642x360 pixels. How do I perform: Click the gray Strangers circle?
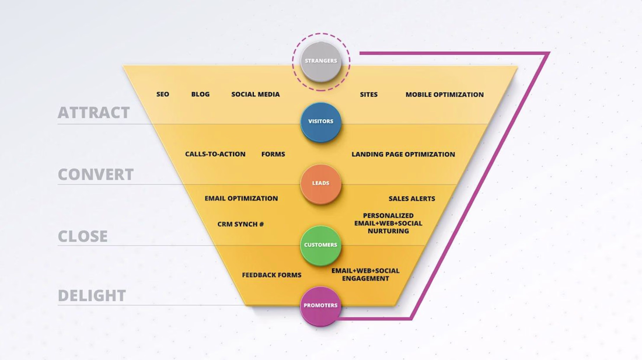320,61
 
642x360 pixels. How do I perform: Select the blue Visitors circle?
320,122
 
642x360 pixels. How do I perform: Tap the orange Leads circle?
320,184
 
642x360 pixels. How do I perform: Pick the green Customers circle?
320,246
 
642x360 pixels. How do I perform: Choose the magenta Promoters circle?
320,306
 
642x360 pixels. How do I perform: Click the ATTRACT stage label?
94,113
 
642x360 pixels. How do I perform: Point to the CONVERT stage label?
96,174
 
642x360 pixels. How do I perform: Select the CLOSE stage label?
83,236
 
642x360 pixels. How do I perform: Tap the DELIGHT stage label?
92,295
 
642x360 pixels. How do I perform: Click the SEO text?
163,94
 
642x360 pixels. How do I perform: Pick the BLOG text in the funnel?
200,94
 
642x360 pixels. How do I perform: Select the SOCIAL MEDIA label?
256,94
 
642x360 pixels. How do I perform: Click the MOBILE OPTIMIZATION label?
445,95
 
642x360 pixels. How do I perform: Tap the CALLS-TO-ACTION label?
215,154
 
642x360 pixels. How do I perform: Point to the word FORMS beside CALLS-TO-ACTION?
273,154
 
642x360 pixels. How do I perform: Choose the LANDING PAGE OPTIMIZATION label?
403,154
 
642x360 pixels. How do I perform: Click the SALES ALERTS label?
412,198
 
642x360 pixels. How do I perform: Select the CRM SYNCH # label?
240,224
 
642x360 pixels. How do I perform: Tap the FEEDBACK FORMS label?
271,275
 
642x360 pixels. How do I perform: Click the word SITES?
369,95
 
